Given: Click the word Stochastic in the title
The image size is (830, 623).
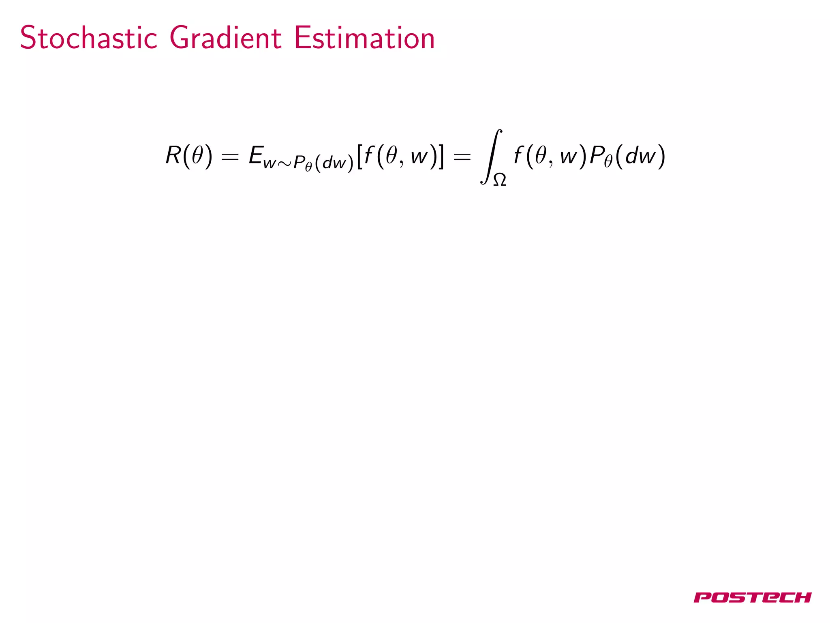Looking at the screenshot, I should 88,38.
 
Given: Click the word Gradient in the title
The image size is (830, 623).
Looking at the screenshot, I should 225,38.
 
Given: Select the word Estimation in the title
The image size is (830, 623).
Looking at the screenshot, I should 364,38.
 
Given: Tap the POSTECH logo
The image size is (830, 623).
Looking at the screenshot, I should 752,597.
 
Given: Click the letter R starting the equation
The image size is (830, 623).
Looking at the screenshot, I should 173,155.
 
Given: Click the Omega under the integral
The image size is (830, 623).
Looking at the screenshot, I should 499,179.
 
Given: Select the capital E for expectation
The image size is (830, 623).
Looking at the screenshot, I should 256,155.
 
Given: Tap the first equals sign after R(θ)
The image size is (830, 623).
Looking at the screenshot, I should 230,156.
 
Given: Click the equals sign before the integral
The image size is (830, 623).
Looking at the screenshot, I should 462,156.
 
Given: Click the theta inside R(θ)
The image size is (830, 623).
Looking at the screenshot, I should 197,155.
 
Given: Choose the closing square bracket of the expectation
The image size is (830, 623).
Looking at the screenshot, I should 441,156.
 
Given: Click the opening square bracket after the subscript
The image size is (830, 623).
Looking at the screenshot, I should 359,156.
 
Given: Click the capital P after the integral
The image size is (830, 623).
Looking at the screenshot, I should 596,155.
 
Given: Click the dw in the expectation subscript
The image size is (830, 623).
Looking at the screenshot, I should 334,163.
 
